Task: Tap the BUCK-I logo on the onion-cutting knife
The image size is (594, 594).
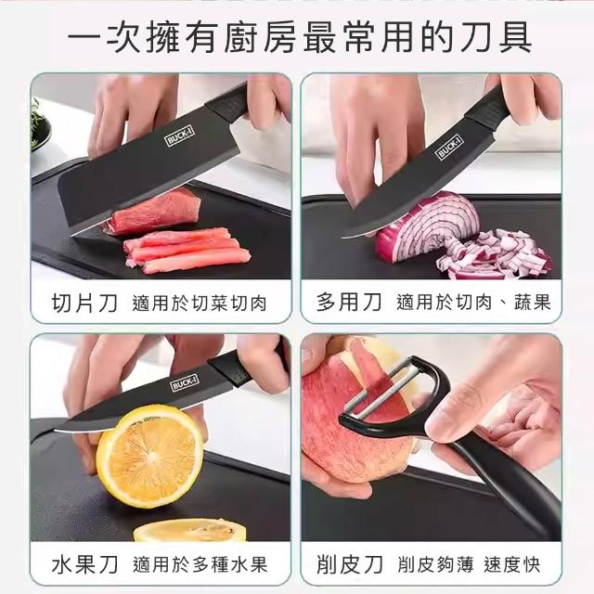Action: (x=450, y=147)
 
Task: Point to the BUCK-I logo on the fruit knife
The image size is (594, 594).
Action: (x=185, y=383)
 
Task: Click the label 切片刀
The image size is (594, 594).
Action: (x=84, y=303)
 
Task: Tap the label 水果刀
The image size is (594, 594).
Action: (x=84, y=563)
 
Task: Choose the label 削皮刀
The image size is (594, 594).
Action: (x=349, y=564)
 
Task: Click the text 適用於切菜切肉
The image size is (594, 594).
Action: (x=200, y=303)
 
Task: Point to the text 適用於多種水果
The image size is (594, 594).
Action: (x=200, y=564)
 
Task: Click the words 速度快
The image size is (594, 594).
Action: (x=511, y=565)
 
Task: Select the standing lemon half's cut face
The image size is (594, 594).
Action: (x=149, y=456)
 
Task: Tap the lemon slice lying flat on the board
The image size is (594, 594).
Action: (x=190, y=530)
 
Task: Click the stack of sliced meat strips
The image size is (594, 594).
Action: (x=187, y=251)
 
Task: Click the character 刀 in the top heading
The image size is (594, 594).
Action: (x=476, y=37)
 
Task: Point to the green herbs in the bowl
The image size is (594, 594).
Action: (x=37, y=122)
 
